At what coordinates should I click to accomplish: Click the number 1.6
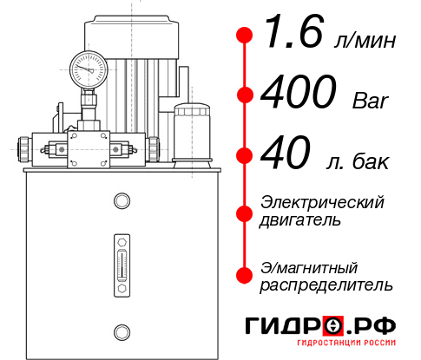pyautogui.click(x=288, y=36)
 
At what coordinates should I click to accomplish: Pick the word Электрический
pyautogui.click(x=322, y=202)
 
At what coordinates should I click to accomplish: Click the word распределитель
pyautogui.click(x=326, y=284)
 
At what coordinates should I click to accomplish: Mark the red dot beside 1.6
pyautogui.click(x=245, y=36)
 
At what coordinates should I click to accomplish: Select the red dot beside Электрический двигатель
pyautogui.click(x=245, y=211)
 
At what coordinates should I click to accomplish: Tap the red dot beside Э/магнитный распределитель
pyautogui.click(x=245, y=275)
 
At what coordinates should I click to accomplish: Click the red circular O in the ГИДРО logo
pyautogui.click(x=333, y=326)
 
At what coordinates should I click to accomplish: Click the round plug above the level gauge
pyautogui.click(x=121, y=202)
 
